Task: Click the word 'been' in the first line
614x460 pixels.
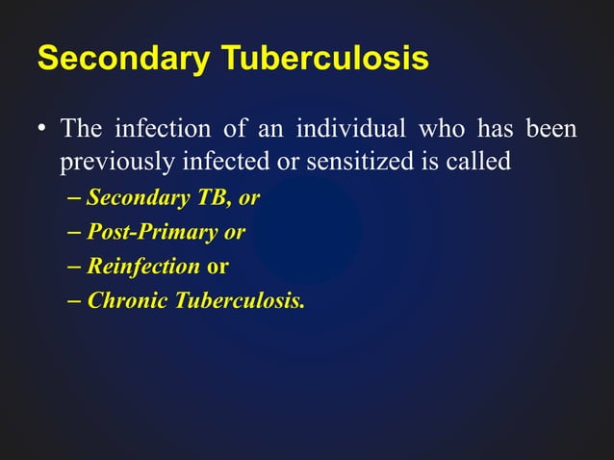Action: point(552,128)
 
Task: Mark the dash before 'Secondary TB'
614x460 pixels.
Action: point(75,198)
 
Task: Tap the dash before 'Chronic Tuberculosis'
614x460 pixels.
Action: point(75,301)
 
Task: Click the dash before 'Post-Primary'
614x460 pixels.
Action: point(75,233)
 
